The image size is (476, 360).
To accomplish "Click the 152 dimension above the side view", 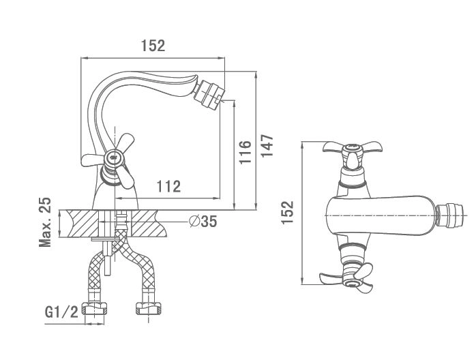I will tap(153, 46).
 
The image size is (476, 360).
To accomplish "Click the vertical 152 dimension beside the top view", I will tap(288, 212).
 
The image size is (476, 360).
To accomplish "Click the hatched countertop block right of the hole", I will tap(146, 222).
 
